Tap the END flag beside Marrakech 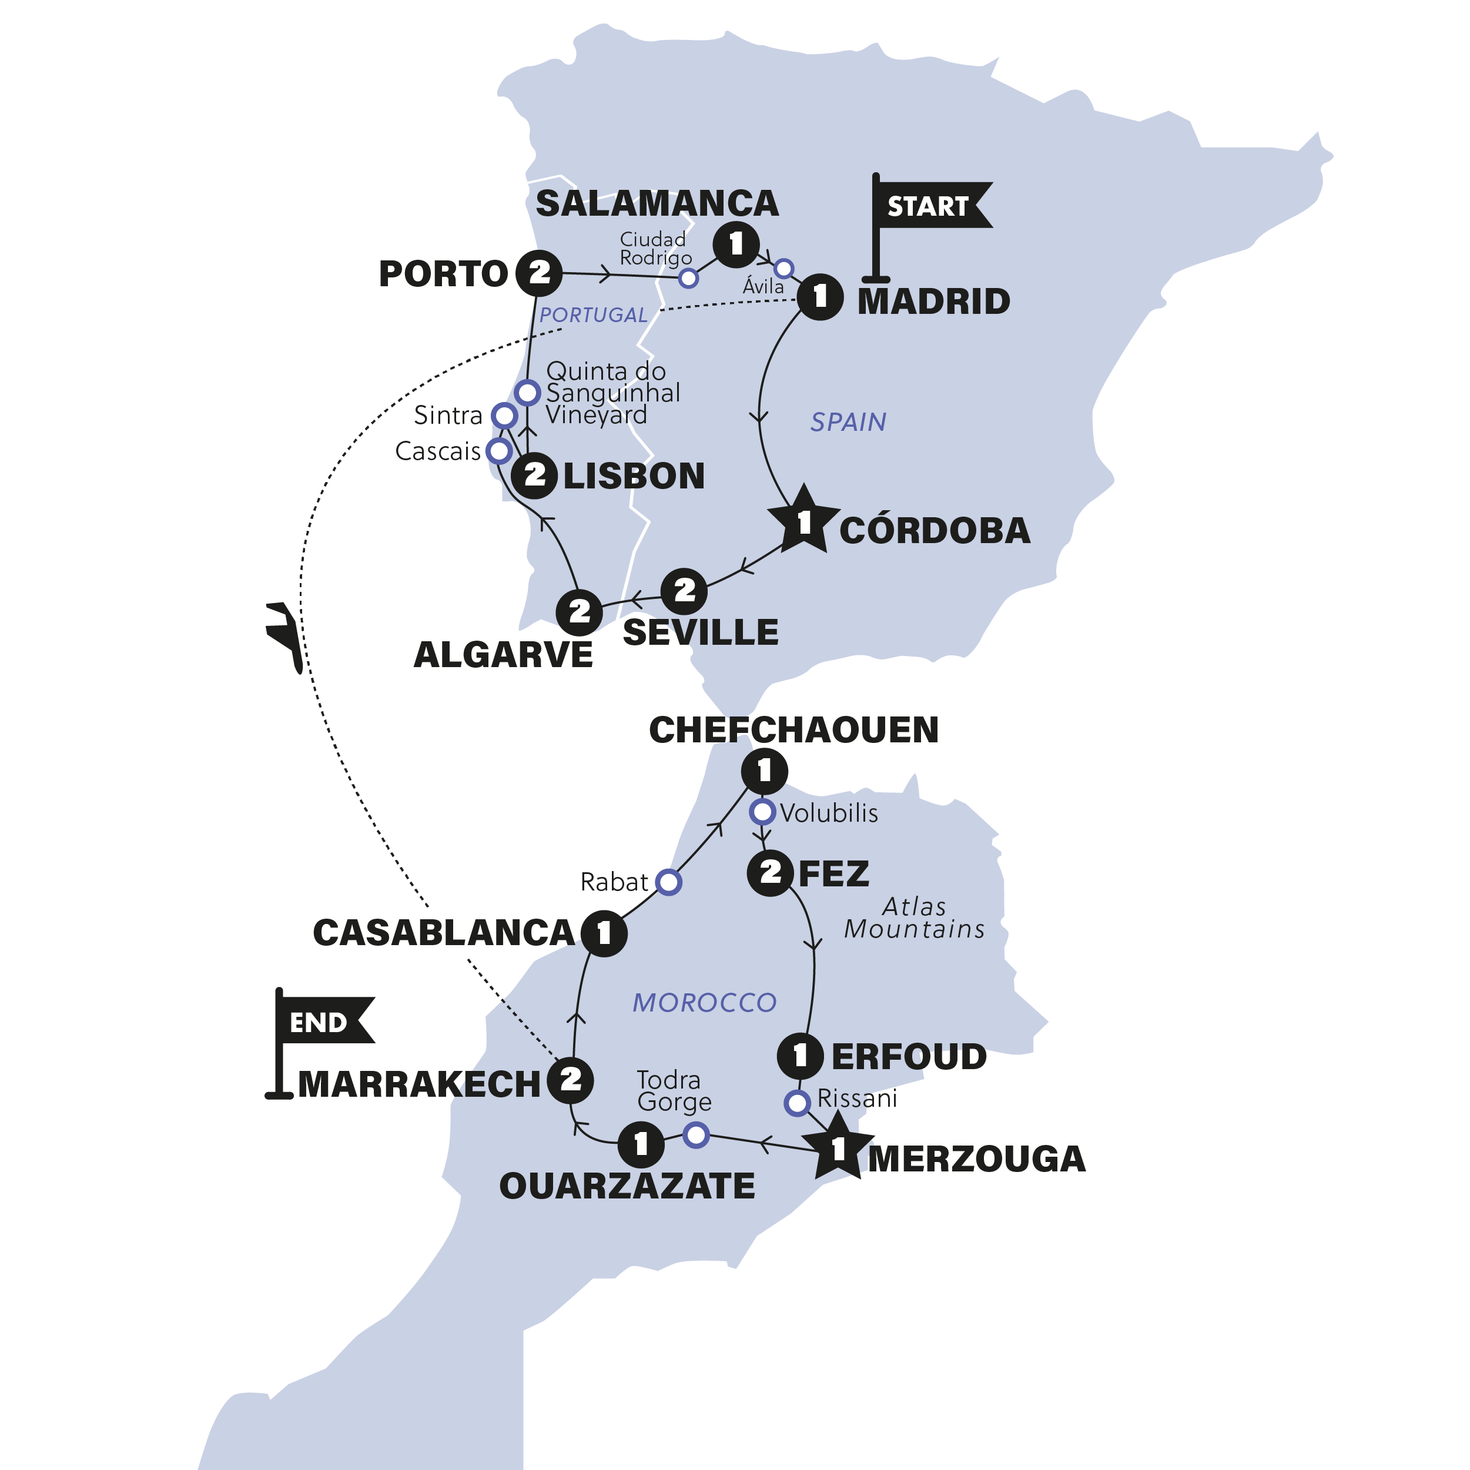coord(320,1023)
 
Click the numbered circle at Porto coord(539,272)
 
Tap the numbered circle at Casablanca coord(604,933)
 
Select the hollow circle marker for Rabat coord(669,882)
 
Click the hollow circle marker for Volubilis coord(762,812)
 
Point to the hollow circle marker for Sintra coord(504,416)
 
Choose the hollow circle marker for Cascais coord(499,450)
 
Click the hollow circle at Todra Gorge coord(696,1135)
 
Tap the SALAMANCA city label coord(657,204)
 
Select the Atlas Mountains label coord(914,918)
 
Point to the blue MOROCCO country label coord(705,1003)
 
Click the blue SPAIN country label coord(848,422)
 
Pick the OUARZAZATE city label coord(627,1186)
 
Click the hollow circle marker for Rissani coord(796,1103)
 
